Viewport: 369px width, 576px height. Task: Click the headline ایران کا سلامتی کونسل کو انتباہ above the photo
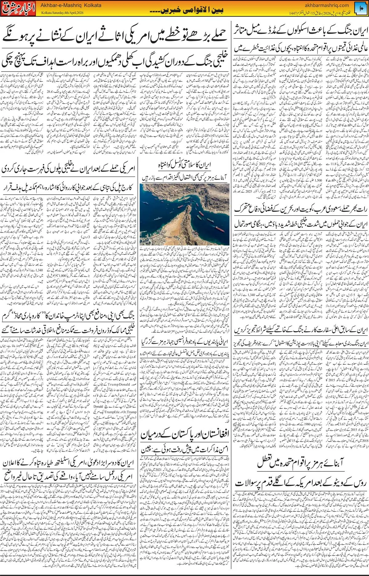(x=184, y=165)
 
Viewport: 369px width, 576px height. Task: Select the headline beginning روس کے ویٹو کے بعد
(x=300, y=483)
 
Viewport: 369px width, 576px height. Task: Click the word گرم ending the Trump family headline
(x=9, y=316)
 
